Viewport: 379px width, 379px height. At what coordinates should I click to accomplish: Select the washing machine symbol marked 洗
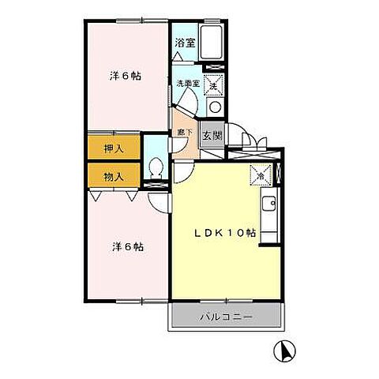coord(213,84)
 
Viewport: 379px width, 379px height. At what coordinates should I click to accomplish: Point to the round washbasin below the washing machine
coord(214,107)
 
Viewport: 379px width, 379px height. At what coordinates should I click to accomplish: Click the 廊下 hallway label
coord(182,133)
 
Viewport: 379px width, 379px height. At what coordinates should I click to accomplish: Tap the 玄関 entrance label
coord(211,136)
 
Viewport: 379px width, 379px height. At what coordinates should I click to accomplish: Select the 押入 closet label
coord(114,147)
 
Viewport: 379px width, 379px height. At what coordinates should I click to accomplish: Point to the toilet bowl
coord(156,167)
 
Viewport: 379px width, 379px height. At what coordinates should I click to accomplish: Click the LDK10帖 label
coord(225,234)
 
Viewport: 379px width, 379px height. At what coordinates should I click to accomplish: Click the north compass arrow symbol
coord(283,348)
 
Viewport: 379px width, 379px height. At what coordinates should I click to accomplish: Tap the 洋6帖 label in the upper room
coord(126,77)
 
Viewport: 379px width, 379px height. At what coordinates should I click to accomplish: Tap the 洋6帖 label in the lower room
coord(126,246)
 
